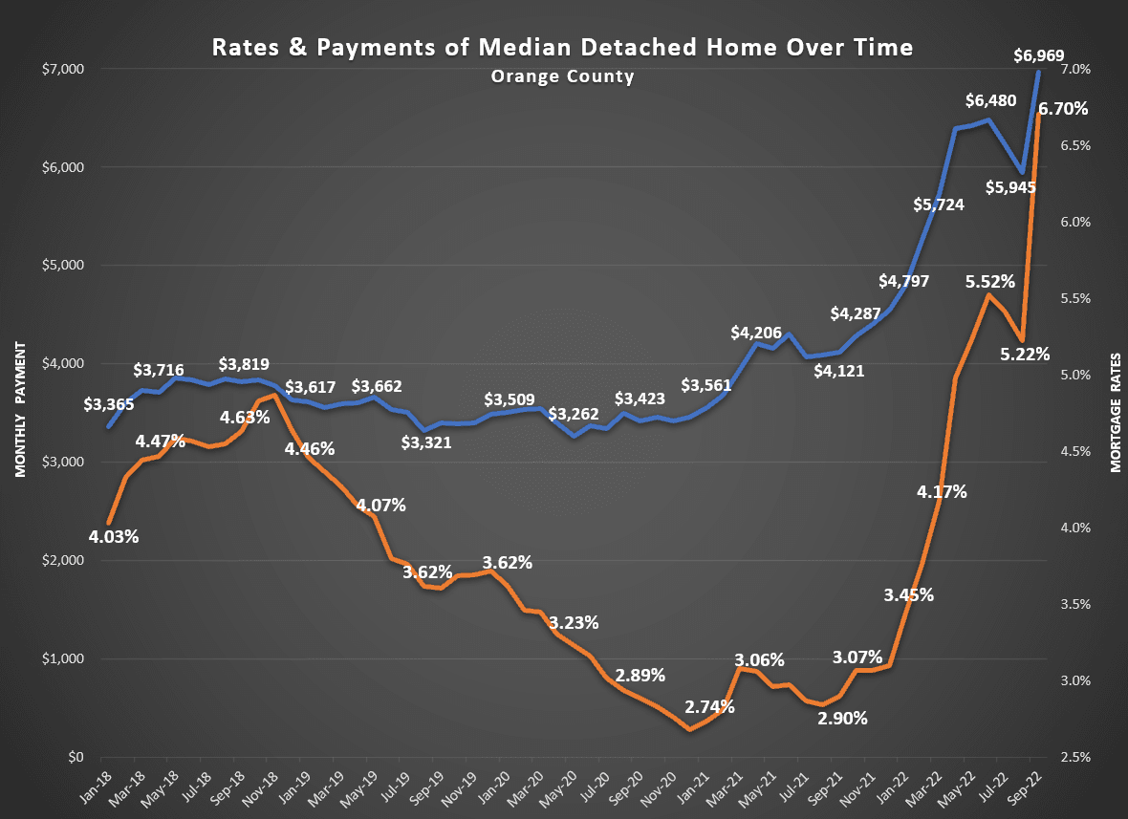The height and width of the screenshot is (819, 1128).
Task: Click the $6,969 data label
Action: click(x=1038, y=55)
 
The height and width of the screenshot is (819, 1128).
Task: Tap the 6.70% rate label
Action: click(x=1063, y=109)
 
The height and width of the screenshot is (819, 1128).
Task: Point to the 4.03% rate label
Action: click(x=114, y=536)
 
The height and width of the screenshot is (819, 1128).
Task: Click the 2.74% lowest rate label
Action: click(x=709, y=707)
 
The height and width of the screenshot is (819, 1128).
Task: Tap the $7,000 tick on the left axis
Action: click(x=63, y=69)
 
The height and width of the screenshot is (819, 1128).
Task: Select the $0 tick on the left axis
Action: click(x=76, y=757)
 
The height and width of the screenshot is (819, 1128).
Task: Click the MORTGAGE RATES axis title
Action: click(x=1115, y=409)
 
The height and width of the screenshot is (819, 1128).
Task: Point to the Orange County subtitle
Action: click(x=562, y=76)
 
